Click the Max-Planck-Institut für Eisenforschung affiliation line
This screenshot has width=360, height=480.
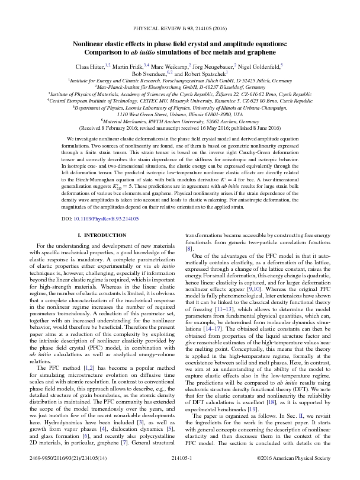tap(180, 87)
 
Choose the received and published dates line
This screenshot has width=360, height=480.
tap(180, 128)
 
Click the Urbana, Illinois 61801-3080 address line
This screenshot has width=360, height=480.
tap(180, 114)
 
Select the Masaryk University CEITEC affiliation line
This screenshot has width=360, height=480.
tap(180, 101)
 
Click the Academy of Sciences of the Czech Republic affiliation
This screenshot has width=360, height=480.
tap(180, 94)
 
